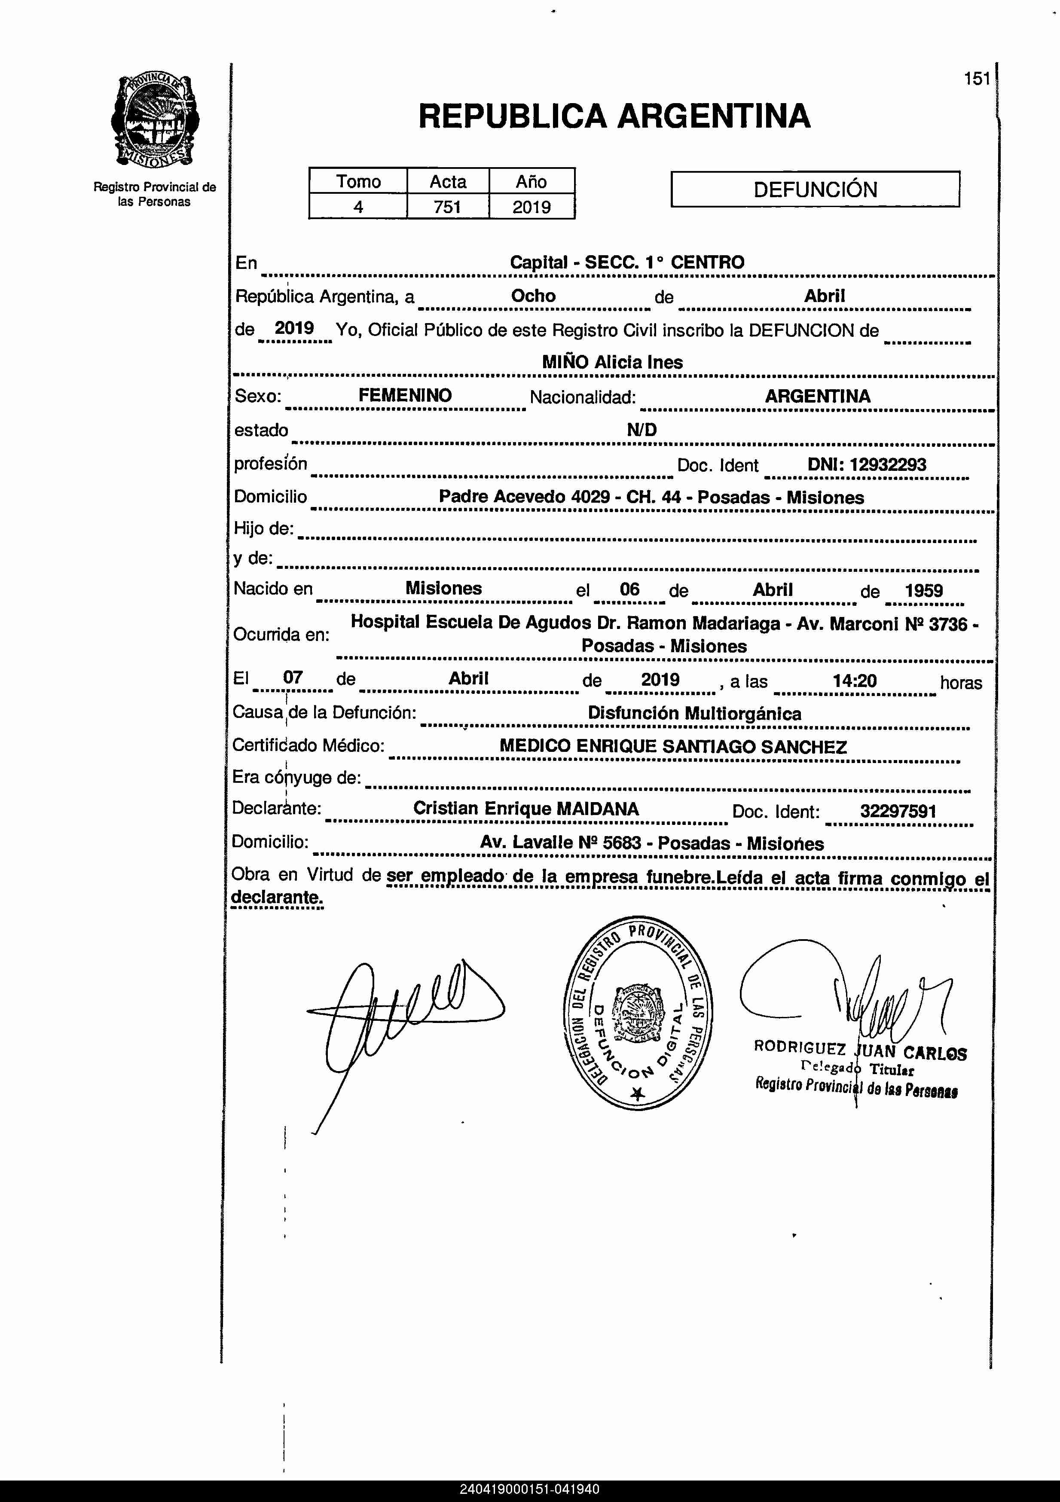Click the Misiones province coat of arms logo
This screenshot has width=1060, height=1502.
pyautogui.click(x=155, y=121)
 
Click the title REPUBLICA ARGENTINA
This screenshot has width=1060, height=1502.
pyautogui.click(x=614, y=116)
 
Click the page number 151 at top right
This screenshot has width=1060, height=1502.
pyautogui.click(x=977, y=79)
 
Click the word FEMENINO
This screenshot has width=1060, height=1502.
pyautogui.click(x=405, y=396)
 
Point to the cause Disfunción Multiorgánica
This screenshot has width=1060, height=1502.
pyautogui.click(x=694, y=714)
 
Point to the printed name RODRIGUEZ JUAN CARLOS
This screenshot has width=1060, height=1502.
pyautogui.click(x=860, y=1051)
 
